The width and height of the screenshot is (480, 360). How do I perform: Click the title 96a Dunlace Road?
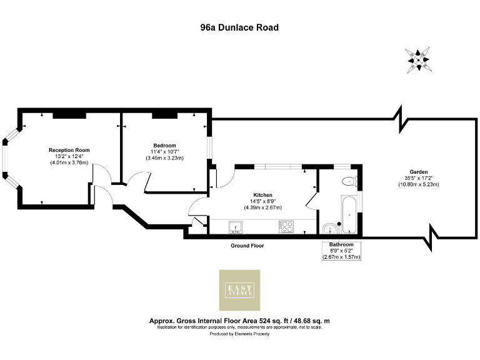239,27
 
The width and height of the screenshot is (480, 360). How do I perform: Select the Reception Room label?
69,150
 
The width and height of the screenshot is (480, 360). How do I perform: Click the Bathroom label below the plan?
341,244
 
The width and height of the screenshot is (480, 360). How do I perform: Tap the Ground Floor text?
247,246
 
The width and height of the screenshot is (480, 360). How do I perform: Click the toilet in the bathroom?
349,182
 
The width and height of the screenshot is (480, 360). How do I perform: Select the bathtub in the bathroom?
349,213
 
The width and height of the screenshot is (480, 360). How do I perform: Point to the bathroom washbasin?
329,227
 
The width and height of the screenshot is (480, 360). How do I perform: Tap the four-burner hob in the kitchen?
286,226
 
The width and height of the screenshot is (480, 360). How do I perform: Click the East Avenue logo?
239,290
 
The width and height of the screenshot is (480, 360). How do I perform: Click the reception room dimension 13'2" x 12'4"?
69,156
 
